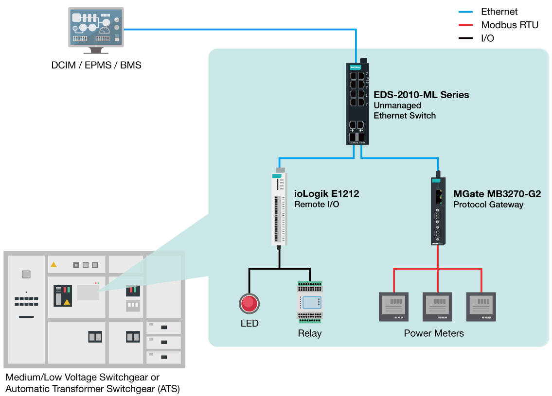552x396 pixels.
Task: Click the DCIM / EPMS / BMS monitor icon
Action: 96,29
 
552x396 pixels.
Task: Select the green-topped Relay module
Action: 310,302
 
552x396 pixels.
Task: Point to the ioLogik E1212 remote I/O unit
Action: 279,209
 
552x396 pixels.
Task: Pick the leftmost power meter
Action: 393,307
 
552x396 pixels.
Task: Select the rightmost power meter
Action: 481,307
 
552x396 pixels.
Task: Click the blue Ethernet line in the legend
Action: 466,12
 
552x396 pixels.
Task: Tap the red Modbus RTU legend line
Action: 466,25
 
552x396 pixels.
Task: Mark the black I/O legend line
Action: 466,38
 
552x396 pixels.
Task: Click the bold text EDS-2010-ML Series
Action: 421,95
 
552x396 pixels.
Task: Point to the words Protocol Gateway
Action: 488,205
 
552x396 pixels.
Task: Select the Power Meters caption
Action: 434,333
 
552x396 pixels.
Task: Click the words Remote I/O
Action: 317,205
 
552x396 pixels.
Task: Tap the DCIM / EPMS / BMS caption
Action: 96,65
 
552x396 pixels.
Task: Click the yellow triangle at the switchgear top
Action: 53,264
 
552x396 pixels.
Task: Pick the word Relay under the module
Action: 310,333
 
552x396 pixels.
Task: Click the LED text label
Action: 249,324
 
